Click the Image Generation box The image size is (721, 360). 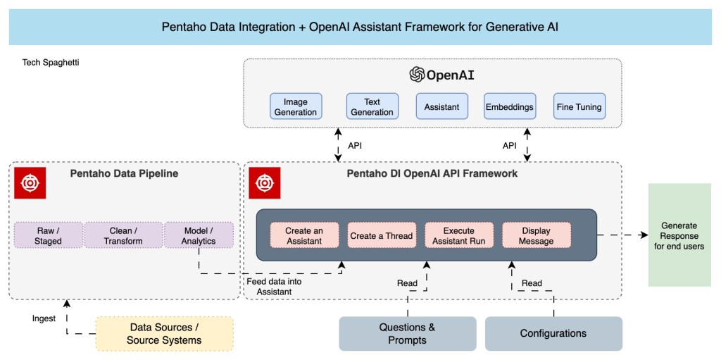pos(296,107)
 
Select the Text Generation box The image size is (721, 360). pos(372,107)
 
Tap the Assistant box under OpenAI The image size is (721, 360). pos(441,107)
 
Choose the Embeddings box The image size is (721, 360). pos(509,107)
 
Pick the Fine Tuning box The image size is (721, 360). pos(579,107)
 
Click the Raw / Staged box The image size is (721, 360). pos(49,235)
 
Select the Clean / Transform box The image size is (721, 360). pos(123,235)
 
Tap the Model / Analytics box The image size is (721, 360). pos(199,235)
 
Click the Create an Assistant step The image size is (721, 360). pos(303,235)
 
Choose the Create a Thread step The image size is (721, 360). pos(381,235)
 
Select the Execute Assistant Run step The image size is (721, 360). pos(458,235)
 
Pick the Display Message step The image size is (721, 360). pos(537,235)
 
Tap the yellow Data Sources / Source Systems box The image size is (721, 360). pos(164,333)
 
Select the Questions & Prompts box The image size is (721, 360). pos(407,333)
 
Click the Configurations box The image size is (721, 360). pos(553,333)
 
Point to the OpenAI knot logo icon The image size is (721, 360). pos(418,75)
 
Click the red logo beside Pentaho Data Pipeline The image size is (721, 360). pos(30,182)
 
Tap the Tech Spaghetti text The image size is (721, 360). pos(51,63)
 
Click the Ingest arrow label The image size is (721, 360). pos(44,318)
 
